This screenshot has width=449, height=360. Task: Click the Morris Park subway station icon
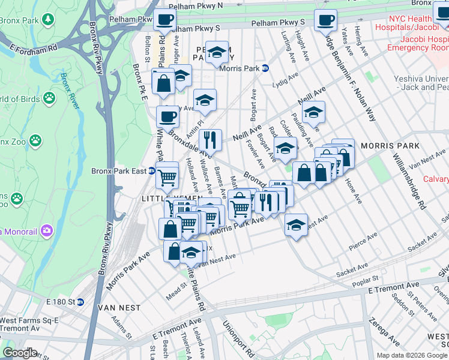(x=265, y=68)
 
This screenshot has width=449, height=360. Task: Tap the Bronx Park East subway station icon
(x=152, y=171)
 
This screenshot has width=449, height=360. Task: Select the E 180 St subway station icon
(x=80, y=301)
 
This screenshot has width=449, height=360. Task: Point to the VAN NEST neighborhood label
(x=118, y=308)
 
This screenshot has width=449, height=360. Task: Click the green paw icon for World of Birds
(x=49, y=98)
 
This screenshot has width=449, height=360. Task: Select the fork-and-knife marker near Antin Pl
(x=210, y=140)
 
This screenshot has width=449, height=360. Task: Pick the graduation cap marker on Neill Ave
(x=313, y=112)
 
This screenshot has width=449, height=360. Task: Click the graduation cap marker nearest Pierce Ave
(x=296, y=225)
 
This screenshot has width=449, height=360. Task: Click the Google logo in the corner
(x=20, y=353)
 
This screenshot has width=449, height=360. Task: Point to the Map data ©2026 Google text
(x=412, y=355)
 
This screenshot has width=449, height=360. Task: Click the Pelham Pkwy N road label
(x=195, y=6)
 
